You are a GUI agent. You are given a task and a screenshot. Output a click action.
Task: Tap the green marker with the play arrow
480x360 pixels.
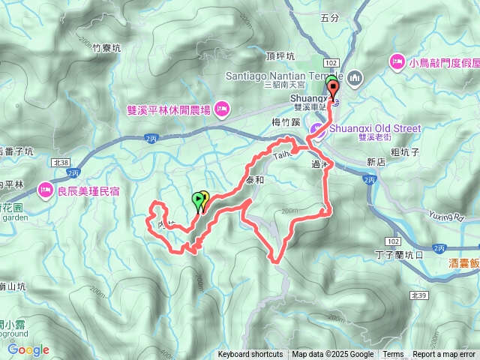tap(198, 200)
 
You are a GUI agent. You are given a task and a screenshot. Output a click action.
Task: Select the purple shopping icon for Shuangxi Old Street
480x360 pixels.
tap(316, 130)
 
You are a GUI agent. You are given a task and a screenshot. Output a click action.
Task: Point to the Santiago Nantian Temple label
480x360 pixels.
tap(284, 76)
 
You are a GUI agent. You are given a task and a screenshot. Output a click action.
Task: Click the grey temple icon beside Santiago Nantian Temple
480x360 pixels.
tap(355, 76)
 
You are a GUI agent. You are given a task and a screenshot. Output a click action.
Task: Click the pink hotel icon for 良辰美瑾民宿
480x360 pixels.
tap(46, 188)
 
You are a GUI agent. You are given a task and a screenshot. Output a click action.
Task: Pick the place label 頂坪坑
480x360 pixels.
tap(279, 56)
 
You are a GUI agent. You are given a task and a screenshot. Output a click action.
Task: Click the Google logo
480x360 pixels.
tap(28, 349)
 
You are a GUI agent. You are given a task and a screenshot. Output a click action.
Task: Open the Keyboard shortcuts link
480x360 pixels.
tap(250, 355)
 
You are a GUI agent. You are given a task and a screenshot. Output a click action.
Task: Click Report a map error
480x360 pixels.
tap(443, 355)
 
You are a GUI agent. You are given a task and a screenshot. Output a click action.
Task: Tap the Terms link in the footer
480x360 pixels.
tap(393, 355)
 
